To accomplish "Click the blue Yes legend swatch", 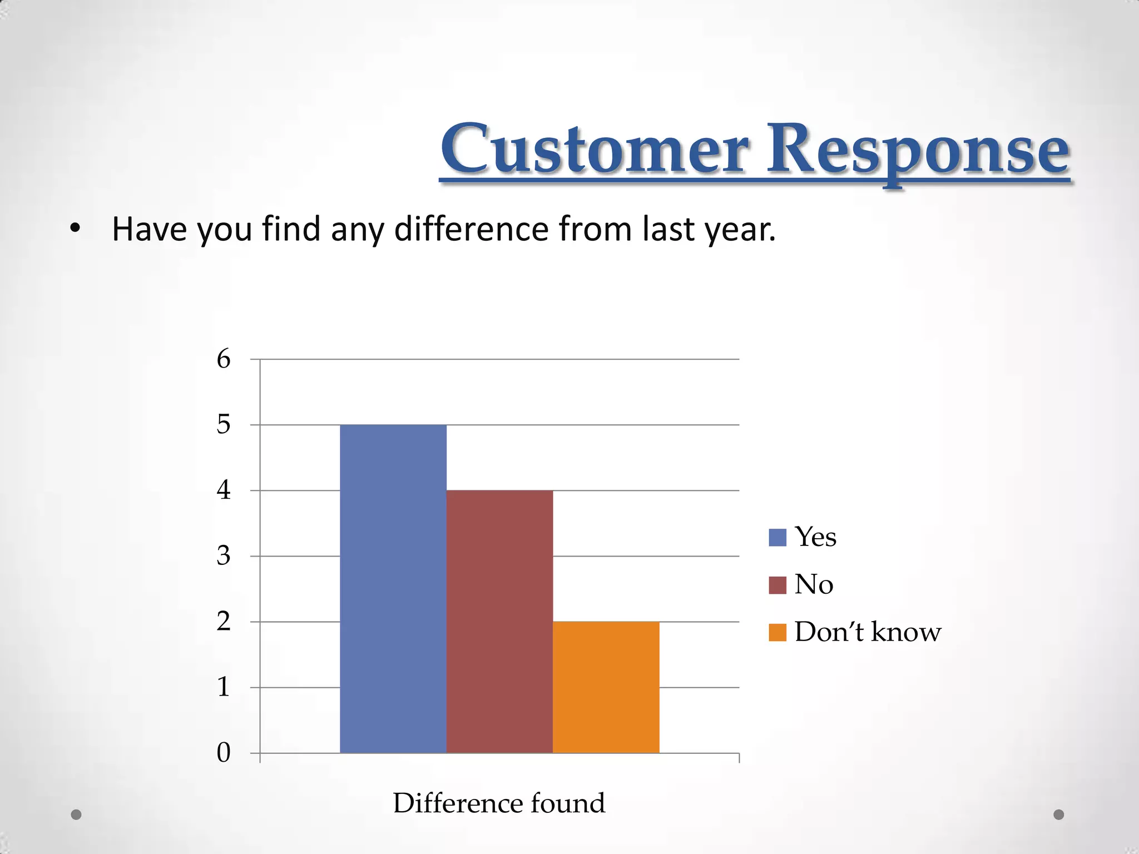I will point(777,538).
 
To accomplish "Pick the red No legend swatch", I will point(777,585).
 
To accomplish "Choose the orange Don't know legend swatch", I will point(777,633).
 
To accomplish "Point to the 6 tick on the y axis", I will point(224,359).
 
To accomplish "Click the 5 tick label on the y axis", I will point(224,425).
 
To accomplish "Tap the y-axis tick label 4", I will point(224,490).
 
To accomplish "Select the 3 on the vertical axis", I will point(224,556).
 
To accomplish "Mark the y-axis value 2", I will point(224,622).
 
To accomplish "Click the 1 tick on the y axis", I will point(224,687).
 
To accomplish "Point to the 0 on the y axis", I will point(224,753).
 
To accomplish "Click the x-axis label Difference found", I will point(499,803).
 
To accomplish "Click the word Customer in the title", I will point(595,149).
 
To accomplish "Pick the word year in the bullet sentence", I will point(739,230).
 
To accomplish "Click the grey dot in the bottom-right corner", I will point(1059,815).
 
